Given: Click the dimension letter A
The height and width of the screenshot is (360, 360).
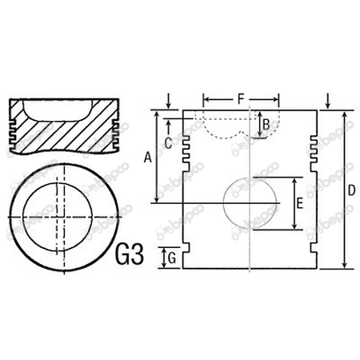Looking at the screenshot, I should coord(147,158).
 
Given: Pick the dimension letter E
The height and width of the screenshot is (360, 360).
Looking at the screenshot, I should coord(298,204).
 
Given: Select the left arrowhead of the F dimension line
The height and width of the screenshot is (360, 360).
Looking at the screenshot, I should coord(206,100).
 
